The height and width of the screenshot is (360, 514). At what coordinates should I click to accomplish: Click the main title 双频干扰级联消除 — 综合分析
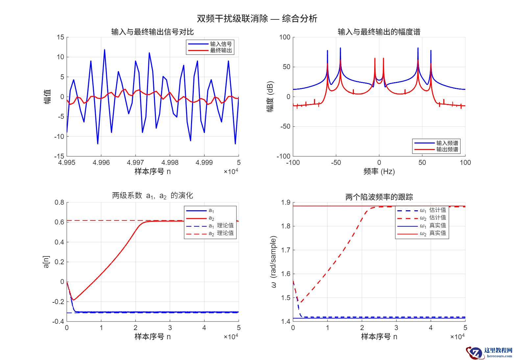pyautogui.click(x=257, y=18)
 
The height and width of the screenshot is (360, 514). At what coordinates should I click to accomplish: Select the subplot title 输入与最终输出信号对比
pyautogui.click(x=153, y=32)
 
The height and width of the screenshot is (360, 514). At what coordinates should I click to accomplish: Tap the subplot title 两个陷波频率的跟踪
pyautogui.click(x=379, y=197)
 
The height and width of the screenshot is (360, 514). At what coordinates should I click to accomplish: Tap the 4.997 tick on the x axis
pyautogui.click(x=135, y=163)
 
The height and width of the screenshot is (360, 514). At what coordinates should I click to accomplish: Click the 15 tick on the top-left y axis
pyautogui.click(x=60, y=37)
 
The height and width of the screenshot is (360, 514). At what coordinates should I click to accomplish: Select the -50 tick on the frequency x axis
pyautogui.click(x=336, y=163)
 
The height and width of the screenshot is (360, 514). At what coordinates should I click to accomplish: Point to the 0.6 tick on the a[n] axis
pyautogui.click(x=60, y=222)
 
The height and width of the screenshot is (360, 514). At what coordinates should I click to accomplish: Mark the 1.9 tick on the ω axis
pyautogui.click(x=286, y=202)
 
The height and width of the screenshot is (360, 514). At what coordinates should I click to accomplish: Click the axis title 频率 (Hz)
pyautogui.click(x=379, y=171)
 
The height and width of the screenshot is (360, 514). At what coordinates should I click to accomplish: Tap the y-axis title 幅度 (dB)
pyautogui.click(x=270, y=96)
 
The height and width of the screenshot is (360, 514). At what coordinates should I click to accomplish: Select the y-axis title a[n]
pyautogui.click(x=46, y=262)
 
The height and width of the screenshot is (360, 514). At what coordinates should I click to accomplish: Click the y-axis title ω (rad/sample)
pyautogui.click(x=274, y=262)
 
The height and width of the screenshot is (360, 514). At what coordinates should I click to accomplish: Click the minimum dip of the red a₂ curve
pyautogui.click(x=73, y=300)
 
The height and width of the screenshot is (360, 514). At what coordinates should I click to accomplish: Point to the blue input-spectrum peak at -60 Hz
pyautogui.click(x=328, y=51)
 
